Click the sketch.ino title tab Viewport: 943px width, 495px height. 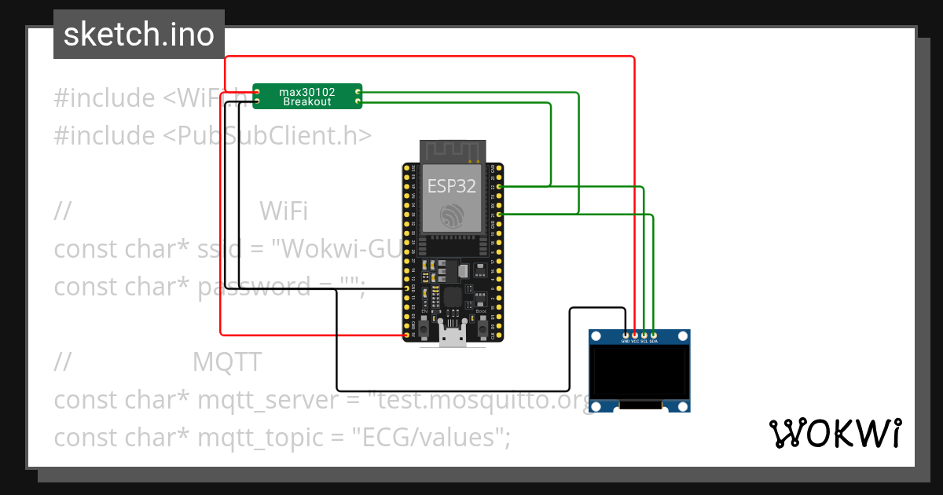coord(139,35)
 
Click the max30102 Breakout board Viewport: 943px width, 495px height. coord(307,97)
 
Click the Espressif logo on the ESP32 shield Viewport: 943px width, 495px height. coord(452,216)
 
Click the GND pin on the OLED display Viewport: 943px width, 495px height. coord(626,335)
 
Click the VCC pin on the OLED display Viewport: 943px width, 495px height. coord(635,335)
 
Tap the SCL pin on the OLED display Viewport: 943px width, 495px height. coord(644,335)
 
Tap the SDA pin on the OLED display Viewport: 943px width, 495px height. coord(654,335)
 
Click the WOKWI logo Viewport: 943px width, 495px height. coord(835,434)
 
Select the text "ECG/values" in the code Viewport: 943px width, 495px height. coord(427,438)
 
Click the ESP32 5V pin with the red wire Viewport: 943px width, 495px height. coord(407,335)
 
